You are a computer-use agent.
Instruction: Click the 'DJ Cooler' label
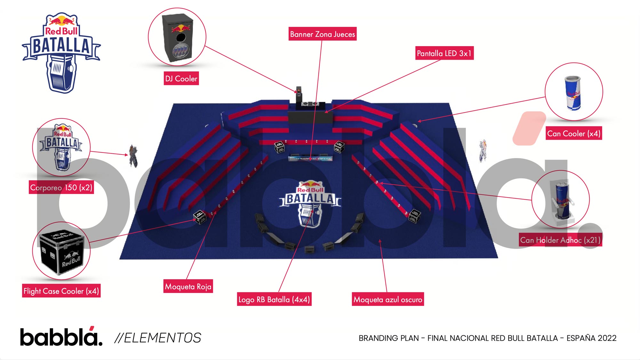pos(181,78)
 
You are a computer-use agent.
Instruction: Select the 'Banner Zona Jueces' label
pos(323,34)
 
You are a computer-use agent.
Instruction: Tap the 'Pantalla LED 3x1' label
pos(444,53)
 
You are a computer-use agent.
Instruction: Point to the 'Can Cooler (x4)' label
pos(574,133)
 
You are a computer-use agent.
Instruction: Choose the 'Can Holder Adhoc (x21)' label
pos(560,240)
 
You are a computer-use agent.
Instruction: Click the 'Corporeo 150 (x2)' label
pos(61,188)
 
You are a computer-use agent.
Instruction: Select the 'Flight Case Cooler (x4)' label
pos(61,291)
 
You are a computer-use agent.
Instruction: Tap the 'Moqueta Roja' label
pos(188,286)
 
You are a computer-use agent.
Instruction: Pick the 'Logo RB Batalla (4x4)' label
pos(274,300)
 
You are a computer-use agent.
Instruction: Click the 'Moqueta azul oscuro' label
pos(388,300)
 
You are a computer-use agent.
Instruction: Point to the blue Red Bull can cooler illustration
pos(573,93)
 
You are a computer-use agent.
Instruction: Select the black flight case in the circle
pos(62,251)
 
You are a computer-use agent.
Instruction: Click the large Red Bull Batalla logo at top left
pos(61,53)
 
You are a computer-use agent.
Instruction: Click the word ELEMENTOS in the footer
pos(163,338)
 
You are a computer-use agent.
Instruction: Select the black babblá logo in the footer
pos(61,337)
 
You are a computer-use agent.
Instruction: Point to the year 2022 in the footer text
pos(607,338)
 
